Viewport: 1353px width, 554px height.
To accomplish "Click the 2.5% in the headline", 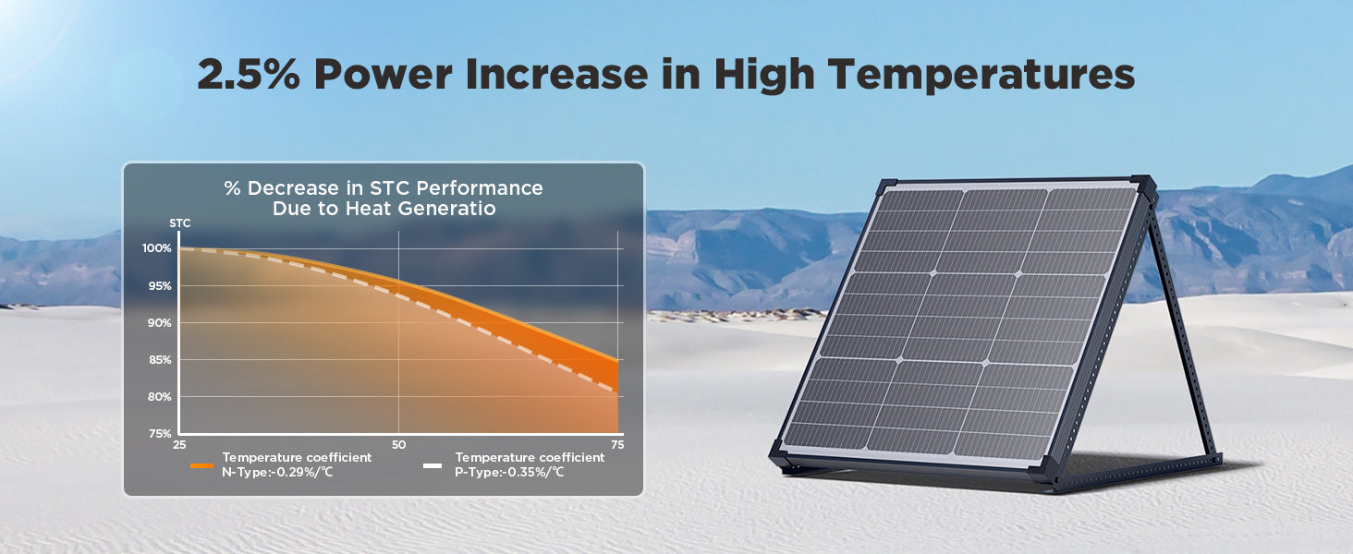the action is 249,74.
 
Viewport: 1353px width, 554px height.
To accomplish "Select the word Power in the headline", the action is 383,74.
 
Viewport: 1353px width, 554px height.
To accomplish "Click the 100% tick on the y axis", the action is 157,248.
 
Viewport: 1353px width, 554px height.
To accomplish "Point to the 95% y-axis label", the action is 160,285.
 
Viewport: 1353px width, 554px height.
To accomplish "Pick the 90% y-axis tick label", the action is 160,323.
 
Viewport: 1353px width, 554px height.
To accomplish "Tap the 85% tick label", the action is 160,360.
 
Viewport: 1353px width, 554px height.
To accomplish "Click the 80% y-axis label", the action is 160,396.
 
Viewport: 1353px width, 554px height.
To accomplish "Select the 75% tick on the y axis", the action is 160,433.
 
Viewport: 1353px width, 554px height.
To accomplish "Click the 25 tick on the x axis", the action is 179,445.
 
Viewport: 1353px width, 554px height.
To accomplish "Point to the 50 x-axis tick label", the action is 398,445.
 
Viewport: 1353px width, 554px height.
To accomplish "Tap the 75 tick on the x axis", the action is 617,445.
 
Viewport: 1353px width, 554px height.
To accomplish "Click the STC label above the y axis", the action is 180,223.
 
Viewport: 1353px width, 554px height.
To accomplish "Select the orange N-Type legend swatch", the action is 201,466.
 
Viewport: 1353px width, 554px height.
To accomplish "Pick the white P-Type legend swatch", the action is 433,466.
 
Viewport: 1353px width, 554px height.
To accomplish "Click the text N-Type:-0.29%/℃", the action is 277,472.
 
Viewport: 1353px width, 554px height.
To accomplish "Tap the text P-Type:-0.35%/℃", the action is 509,472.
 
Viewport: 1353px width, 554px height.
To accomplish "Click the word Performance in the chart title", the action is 480,188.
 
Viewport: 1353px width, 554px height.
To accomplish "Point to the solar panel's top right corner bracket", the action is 1144,188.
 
